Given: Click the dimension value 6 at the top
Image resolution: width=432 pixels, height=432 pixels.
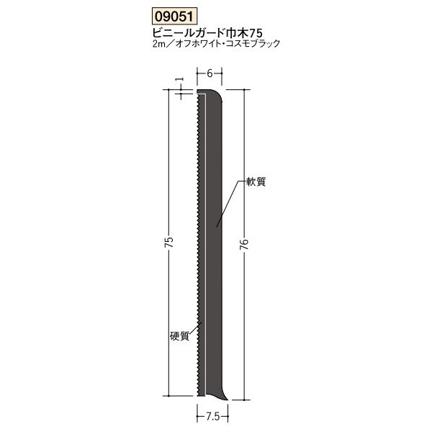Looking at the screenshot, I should pos(208,73).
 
